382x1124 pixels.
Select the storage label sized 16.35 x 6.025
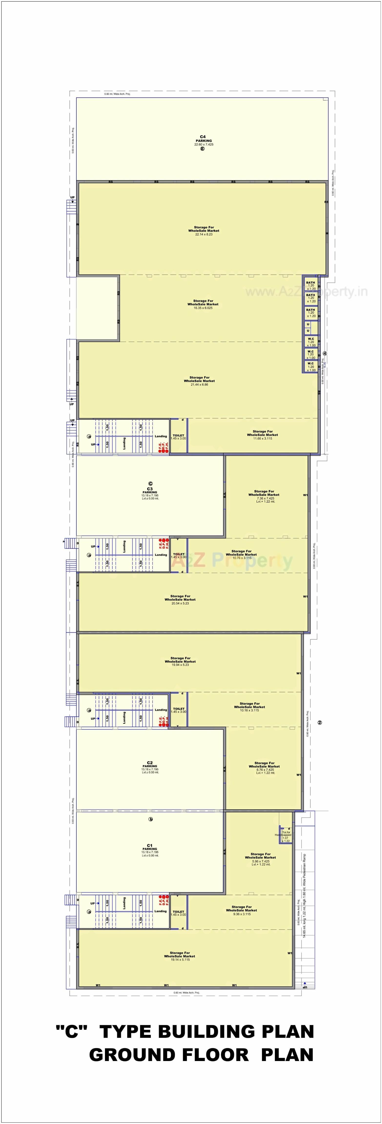click(x=203, y=304)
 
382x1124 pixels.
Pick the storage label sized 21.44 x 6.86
click(x=199, y=381)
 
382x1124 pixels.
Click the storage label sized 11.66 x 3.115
click(x=262, y=435)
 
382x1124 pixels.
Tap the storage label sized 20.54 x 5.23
click(x=180, y=599)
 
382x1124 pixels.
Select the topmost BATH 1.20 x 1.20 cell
click(x=311, y=285)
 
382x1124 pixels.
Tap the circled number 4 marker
click(x=324, y=353)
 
